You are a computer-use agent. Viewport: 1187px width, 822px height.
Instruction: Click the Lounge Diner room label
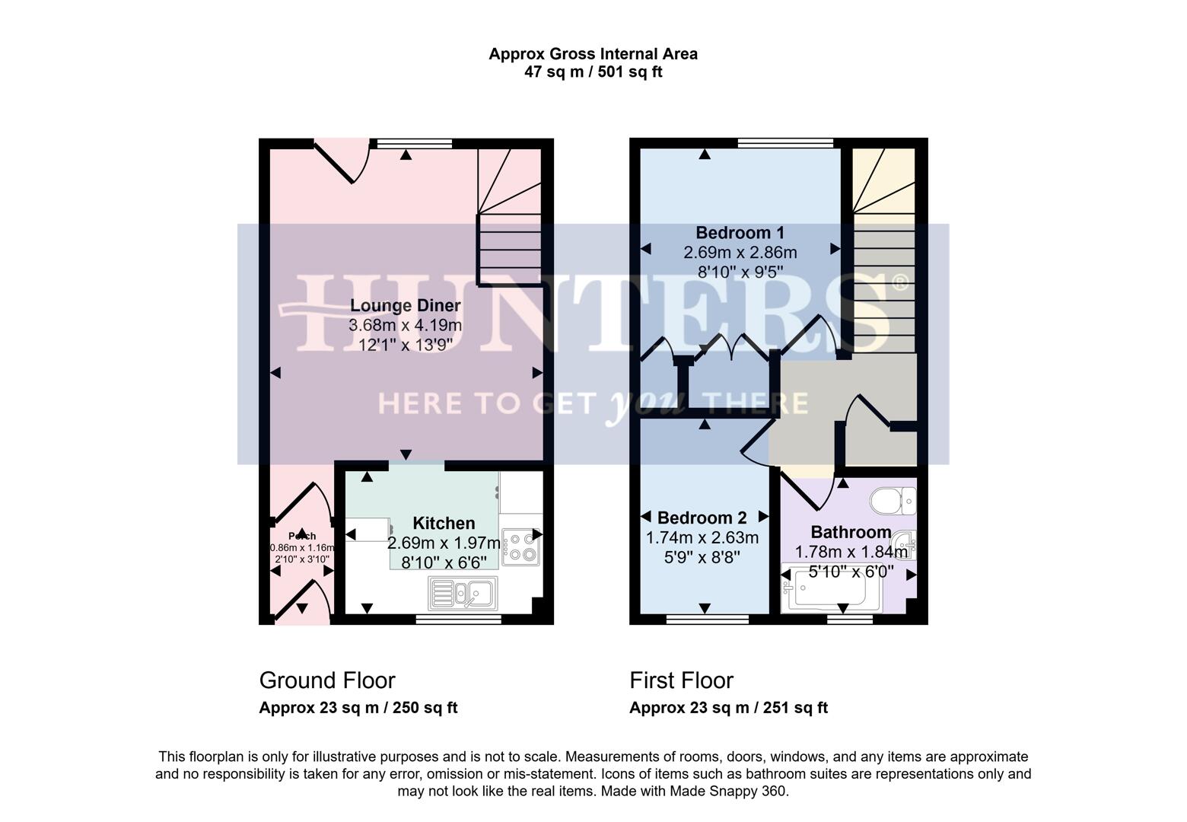(x=405, y=306)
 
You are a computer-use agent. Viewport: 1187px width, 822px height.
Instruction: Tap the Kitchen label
(x=444, y=524)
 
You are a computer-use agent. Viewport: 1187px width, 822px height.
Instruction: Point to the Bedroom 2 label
(x=702, y=518)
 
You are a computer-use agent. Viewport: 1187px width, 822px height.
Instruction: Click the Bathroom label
(x=851, y=532)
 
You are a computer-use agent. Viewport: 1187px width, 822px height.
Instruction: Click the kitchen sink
(x=463, y=593)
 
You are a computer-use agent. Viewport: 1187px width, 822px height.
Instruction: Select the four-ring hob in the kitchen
(x=520, y=547)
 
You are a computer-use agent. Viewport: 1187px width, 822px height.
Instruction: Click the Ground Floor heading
(x=327, y=680)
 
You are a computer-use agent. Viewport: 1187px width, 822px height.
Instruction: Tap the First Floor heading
(x=681, y=680)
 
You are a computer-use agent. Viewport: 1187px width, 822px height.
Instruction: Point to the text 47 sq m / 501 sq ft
(x=593, y=72)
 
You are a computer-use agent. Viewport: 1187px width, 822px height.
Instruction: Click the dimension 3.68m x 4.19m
(x=405, y=326)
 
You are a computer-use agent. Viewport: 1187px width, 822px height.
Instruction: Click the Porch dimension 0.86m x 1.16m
(x=302, y=547)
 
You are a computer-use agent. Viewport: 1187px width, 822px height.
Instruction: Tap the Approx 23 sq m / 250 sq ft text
(x=358, y=708)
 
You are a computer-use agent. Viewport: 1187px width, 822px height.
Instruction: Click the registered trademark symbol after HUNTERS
(x=899, y=283)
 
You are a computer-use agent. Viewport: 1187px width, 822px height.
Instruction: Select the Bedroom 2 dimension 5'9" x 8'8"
(x=702, y=557)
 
